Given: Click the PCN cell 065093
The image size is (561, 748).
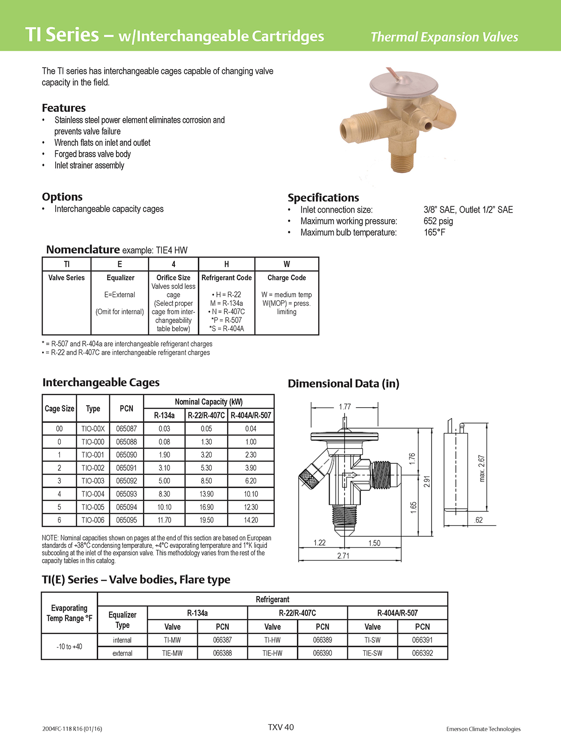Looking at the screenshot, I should (126, 494).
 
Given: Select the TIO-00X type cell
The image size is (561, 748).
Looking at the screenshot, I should (93, 428).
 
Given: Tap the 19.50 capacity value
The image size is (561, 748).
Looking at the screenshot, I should (206, 520).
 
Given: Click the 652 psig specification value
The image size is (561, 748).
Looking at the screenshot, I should (438, 221).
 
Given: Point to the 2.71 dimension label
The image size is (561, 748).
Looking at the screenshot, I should (343, 556).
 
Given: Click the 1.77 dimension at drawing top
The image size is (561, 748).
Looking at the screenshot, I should (345, 407).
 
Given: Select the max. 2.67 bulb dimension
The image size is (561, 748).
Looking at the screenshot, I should (482, 468).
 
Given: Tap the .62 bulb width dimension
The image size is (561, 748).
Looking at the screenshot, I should (478, 520).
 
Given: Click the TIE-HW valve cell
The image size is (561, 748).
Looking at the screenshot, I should (272, 653).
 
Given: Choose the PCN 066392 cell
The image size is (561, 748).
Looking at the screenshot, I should (422, 653).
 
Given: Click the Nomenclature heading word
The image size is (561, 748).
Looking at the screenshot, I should (83, 250).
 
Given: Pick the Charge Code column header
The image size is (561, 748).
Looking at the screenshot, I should (287, 278).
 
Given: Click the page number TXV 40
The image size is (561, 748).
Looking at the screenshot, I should (281, 727).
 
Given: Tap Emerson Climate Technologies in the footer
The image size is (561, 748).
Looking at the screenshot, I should (483, 729).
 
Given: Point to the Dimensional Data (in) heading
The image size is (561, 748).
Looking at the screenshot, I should (344, 384).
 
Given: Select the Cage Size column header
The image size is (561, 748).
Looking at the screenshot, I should (59, 409).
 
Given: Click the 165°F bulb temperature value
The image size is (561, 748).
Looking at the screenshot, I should (434, 232).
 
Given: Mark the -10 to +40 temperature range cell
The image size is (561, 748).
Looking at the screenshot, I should (69, 647).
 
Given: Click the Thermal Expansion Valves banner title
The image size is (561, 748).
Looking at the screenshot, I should (444, 37).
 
